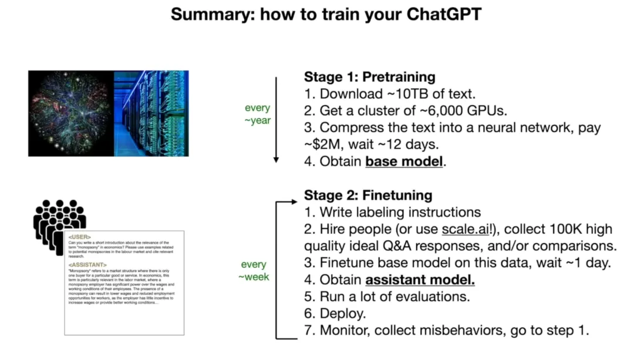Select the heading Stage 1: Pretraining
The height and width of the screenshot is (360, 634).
tap(369, 77)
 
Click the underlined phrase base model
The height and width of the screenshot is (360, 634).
tap(404, 162)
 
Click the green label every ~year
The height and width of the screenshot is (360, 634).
tap(258, 115)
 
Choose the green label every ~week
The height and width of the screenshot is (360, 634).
tap(254, 271)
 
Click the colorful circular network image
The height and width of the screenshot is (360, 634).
tap(70, 113)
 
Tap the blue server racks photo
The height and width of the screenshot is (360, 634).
tap(151, 113)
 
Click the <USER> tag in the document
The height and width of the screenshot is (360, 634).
tap(79, 237)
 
